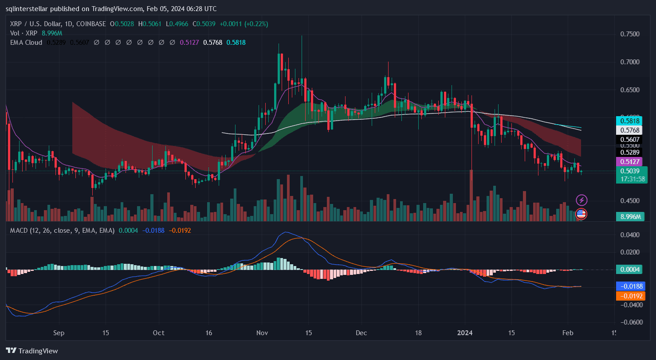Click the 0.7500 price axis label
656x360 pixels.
point(630,34)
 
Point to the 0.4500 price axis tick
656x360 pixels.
point(630,201)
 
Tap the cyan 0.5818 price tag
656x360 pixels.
point(629,121)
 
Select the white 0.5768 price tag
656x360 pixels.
point(629,130)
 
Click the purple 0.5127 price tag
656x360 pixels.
point(629,162)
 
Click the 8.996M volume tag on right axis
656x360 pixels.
point(629,216)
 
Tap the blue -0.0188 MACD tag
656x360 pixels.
point(629,286)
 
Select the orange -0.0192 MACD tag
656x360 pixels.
point(629,296)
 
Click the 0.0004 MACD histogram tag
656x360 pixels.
point(629,269)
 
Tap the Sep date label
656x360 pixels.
point(59,333)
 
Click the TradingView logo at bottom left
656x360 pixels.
point(32,351)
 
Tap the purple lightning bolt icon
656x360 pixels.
point(581,200)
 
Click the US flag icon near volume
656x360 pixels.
point(581,214)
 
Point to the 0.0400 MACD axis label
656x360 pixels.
point(630,235)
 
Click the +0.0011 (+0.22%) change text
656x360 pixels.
point(244,23)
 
